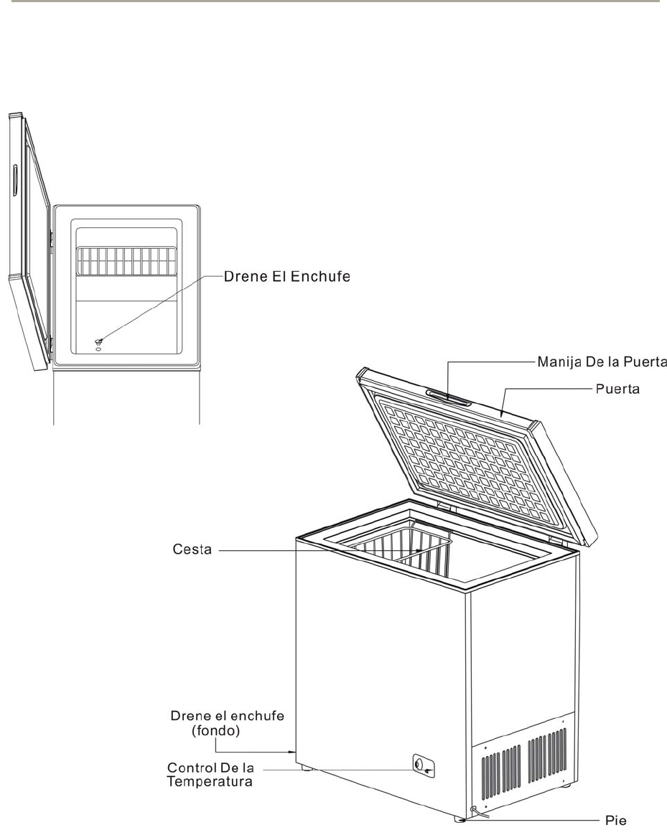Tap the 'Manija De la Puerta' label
602,364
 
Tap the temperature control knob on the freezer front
419,765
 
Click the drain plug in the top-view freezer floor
98,342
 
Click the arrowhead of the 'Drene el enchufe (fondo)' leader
293,752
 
